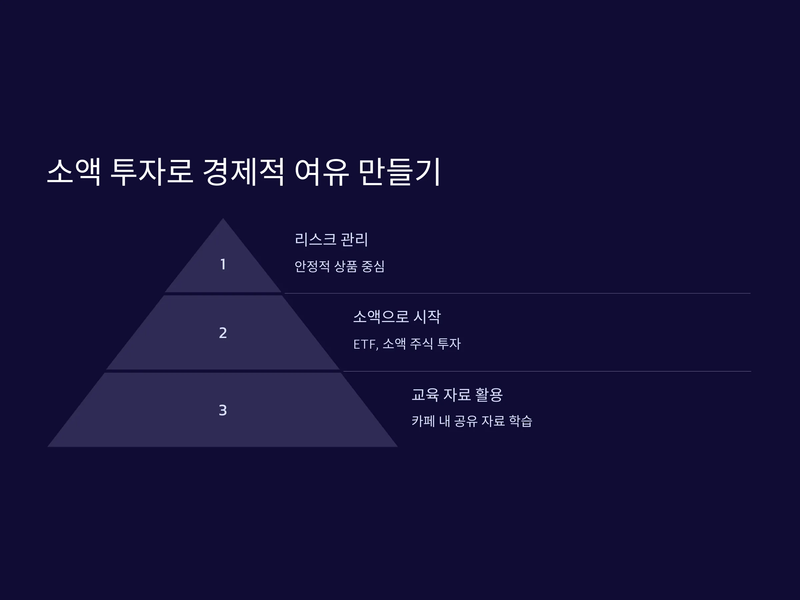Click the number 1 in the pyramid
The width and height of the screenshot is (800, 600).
223,264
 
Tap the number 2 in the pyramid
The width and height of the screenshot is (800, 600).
223,333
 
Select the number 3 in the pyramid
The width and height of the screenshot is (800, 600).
223,410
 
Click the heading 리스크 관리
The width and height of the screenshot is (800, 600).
331,239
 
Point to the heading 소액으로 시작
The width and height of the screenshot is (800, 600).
397,317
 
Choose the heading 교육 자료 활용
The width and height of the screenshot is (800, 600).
457,395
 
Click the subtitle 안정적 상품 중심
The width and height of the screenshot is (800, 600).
340,267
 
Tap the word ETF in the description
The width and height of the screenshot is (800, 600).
365,344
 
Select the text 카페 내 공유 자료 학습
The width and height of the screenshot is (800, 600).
472,421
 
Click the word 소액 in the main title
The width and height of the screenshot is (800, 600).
74,172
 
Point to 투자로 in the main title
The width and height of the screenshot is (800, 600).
152,172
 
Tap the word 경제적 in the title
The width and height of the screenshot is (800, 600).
243,172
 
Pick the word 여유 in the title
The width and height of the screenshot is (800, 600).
322,172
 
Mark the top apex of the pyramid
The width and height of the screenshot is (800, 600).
223,218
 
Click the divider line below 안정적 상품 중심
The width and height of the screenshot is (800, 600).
518,293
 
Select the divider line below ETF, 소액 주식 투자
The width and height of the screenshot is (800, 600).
547,371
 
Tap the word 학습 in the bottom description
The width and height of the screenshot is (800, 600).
520,421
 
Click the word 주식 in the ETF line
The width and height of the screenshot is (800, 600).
422,344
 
